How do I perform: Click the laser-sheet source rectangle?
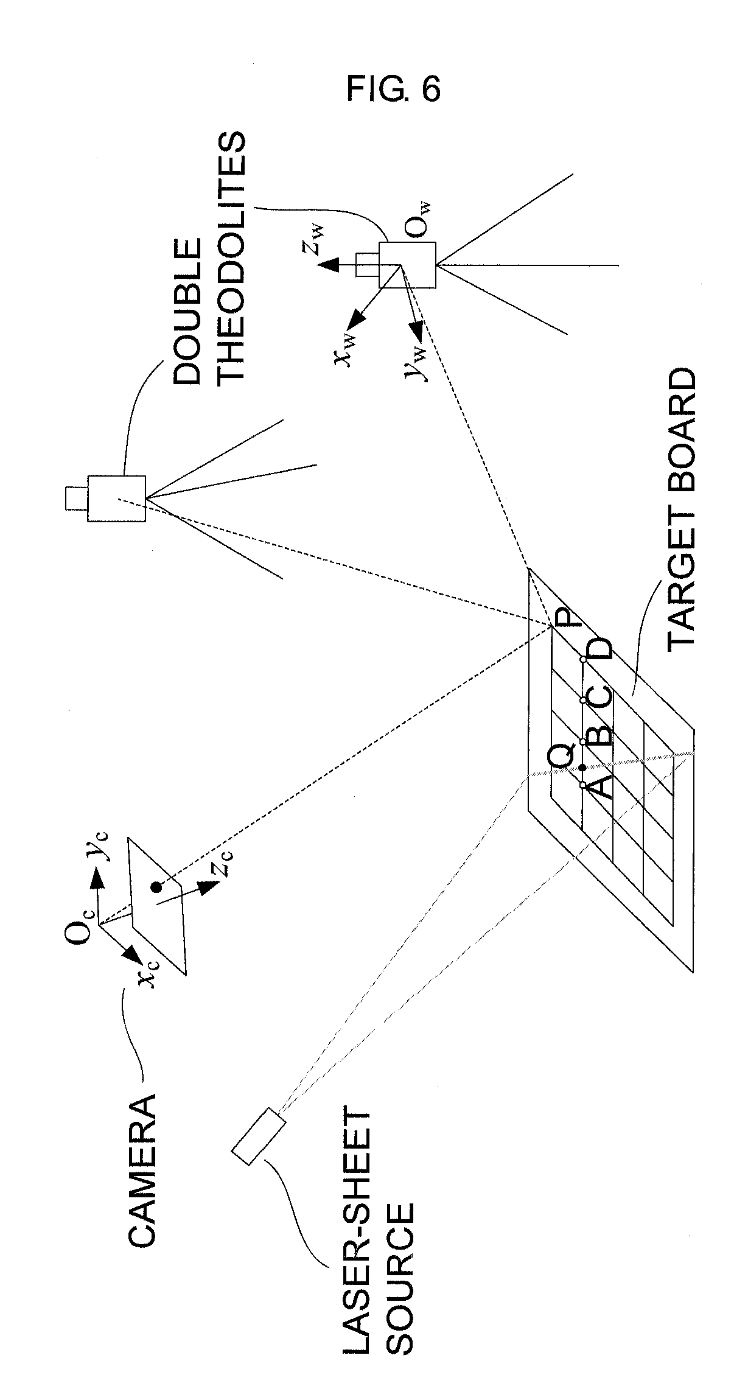[x=258, y=1136]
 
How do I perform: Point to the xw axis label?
[x=344, y=351]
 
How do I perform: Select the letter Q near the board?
[x=561, y=757]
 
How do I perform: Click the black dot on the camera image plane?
[x=156, y=887]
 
